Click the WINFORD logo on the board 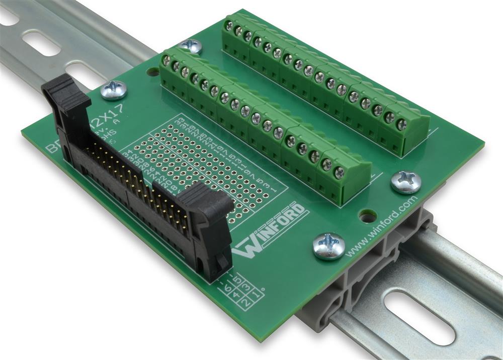(x=272, y=230)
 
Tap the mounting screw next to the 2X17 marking (x=114, y=90)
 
